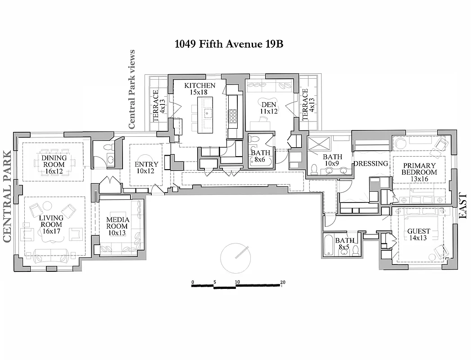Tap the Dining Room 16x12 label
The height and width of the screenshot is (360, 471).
tap(54, 165)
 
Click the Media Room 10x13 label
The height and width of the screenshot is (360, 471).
tap(118, 226)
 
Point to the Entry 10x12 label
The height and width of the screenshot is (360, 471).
tap(146, 168)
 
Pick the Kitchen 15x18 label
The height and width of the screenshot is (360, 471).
tap(200, 89)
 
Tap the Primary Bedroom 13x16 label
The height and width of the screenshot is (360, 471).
tap(419, 172)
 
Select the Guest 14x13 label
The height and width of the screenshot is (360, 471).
tap(419, 234)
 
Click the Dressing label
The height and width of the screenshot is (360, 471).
tap(371, 164)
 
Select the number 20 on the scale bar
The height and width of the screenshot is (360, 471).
tap(283, 283)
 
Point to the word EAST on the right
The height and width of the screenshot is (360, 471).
tap(463, 207)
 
